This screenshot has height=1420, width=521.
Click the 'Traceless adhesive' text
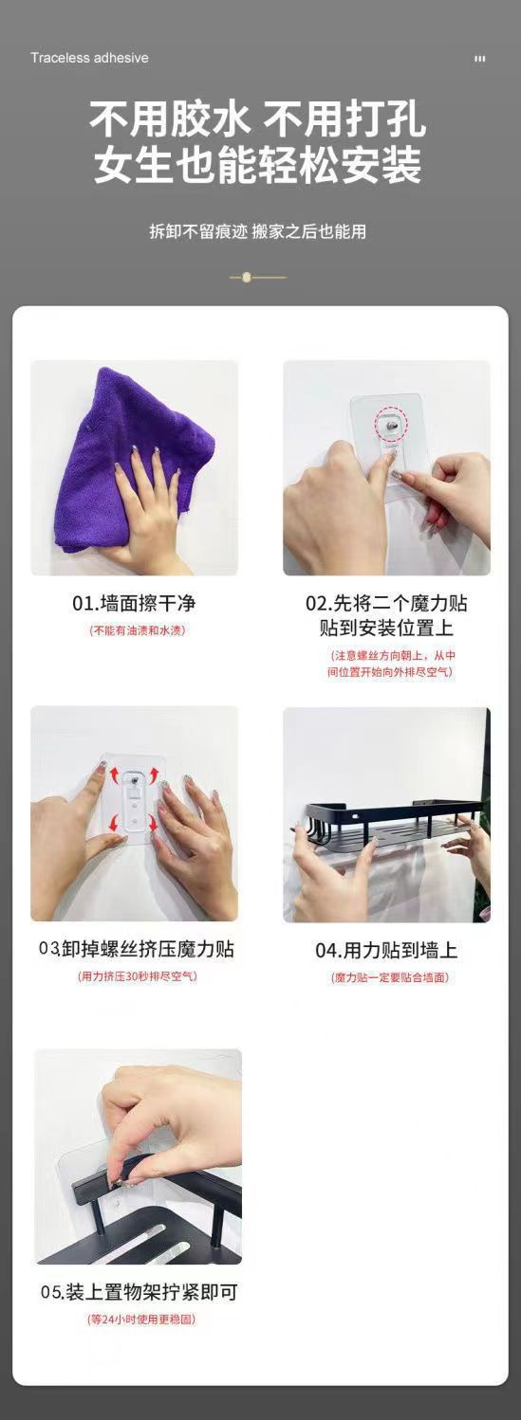coord(89,58)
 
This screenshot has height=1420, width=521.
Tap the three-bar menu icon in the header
coord(480,59)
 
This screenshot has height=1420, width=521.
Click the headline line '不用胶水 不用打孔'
coord(257,119)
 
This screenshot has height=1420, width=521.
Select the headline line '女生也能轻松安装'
coord(257,165)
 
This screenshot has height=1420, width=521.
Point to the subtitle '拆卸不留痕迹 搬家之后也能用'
coord(257,231)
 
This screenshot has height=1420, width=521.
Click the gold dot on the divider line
coord(247,277)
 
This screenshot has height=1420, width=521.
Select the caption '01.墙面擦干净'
coord(134,603)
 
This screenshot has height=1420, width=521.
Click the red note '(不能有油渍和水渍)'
coord(137,630)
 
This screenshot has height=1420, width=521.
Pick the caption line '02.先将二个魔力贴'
coord(386,603)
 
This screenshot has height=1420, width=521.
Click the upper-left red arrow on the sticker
coord(116,774)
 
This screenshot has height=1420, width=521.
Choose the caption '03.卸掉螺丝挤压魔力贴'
coord(137,949)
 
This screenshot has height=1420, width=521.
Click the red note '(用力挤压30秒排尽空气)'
coord(137,976)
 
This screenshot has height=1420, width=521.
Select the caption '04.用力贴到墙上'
coord(386,950)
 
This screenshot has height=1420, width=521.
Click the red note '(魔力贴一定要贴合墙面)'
coord(390,977)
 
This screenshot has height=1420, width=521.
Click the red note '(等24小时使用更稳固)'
coord(141,1320)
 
